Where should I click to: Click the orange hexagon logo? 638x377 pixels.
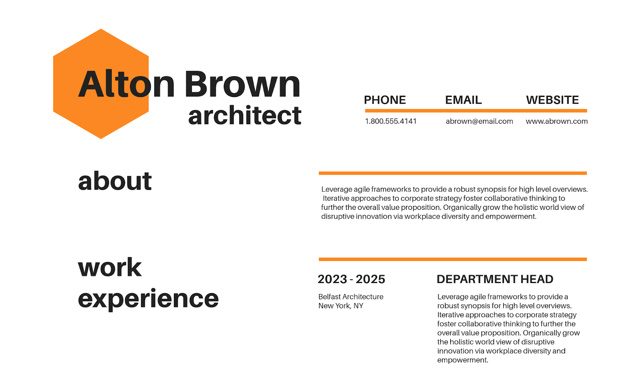coord(101,84)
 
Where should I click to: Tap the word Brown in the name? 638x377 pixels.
coord(242,84)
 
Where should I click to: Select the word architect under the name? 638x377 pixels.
coord(245,115)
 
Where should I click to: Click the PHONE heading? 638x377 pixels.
coord(385,100)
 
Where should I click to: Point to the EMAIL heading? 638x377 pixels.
coord(463,100)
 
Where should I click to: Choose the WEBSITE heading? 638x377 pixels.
coord(552,100)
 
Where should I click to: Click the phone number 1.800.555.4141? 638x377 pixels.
coord(391,121)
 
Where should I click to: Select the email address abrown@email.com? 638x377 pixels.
coord(479,121)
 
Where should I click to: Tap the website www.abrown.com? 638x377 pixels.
coord(557,121)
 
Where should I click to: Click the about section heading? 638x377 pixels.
coord(115,181)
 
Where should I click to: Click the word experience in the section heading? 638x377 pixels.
coord(148,299)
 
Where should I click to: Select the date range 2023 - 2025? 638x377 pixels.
coord(351,279)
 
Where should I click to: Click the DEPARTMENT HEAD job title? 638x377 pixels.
coord(495,279)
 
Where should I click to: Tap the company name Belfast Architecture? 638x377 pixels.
coord(351,297)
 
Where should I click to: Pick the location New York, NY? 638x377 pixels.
coord(341,306)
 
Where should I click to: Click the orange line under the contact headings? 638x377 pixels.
coord(476,111)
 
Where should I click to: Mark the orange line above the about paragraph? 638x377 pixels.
coord(453,173)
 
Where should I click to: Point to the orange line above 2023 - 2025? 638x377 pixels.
coord(453,259)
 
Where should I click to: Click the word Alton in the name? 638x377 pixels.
coord(126,84)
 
